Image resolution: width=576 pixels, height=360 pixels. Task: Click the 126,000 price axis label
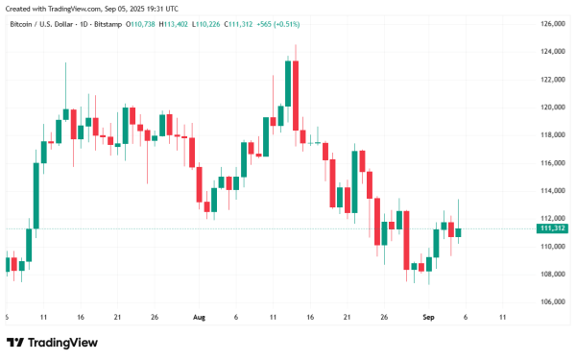[x=552, y=24]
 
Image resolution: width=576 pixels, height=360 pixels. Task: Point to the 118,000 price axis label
[x=552, y=135]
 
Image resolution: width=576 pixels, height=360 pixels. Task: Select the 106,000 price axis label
[x=552, y=301]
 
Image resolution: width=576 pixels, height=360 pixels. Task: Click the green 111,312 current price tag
[x=552, y=228]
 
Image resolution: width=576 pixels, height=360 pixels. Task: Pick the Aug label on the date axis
[x=199, y=316]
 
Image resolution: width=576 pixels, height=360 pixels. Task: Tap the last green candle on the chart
[x=459, y=231]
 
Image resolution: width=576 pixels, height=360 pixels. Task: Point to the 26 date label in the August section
[x=383, y=316]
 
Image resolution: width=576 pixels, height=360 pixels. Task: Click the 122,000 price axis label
[x=552, y=80]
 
